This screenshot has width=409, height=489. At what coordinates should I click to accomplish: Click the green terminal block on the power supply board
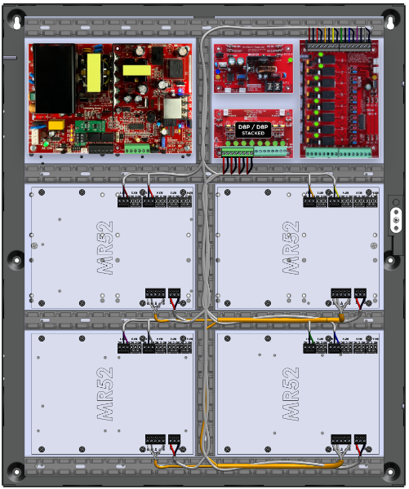pyautogui.click(x=136, y=149)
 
